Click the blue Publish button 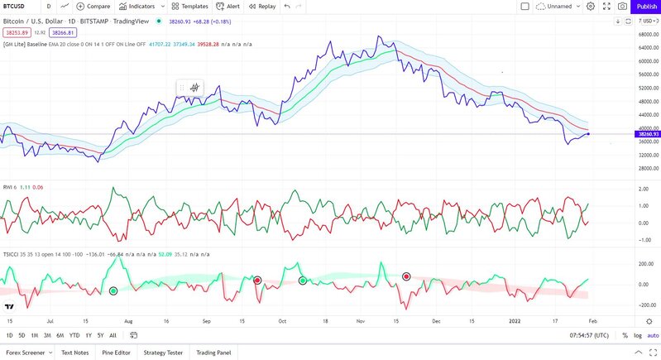(646, 6)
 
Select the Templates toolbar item (189, 6)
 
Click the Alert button (228, 6)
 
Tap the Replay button (261, 6)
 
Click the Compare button (93, 6)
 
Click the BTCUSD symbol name (14, 6)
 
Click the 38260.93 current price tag (646, 133)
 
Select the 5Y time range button (100, 335)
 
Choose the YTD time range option (74, 335)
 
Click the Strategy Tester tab (164, 353)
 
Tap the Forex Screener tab (26, 353)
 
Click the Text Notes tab (75, 353)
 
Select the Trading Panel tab (213, 353)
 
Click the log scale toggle (638, 335)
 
